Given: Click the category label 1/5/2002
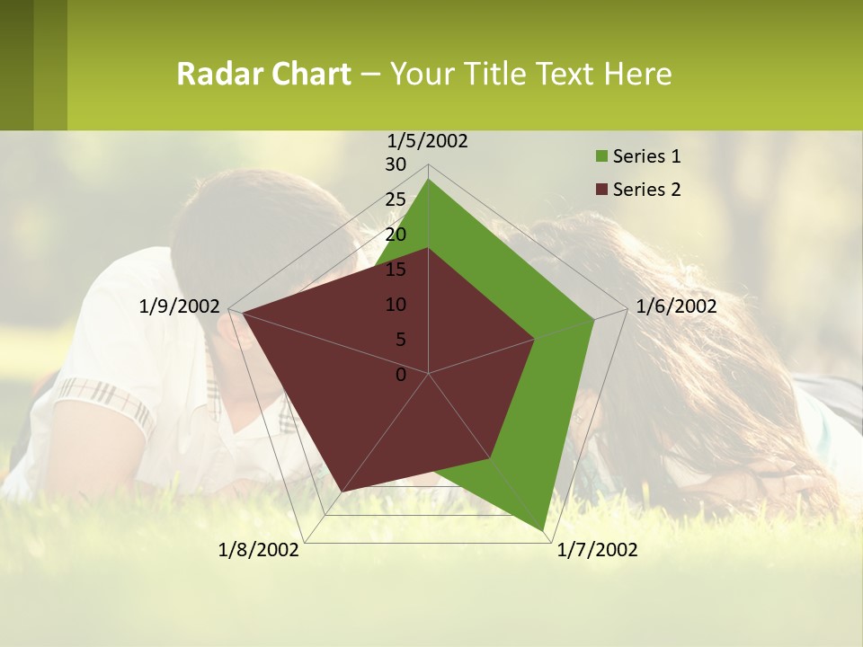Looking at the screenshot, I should click(x=427, y=141).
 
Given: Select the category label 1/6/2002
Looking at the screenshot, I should click(x=676, y=306).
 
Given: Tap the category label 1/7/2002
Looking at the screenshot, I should click(x=597, y=550).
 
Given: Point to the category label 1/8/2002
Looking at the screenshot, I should click(x=259, y=550).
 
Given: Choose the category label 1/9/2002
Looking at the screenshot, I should click(x=180, y=306).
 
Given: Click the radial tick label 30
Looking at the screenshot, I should click(x=396, y=164).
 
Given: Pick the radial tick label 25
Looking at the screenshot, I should click(x=396, y=199).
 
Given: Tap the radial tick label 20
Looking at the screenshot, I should click(x=396, y=235).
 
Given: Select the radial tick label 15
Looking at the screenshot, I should click(x=396, y=270).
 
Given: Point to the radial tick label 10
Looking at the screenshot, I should click(x=396, y=305).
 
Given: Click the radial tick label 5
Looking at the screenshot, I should click(x=400, y=340).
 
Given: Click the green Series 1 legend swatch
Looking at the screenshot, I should click(x=601, y=157).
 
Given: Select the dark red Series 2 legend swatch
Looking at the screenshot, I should click(x=601, y=190).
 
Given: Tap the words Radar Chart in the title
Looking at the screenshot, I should click(x=263, y=74).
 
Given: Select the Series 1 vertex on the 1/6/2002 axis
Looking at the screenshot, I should click(x=593, y=319).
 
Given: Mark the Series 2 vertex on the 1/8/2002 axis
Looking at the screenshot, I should click(x=343, y=492).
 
